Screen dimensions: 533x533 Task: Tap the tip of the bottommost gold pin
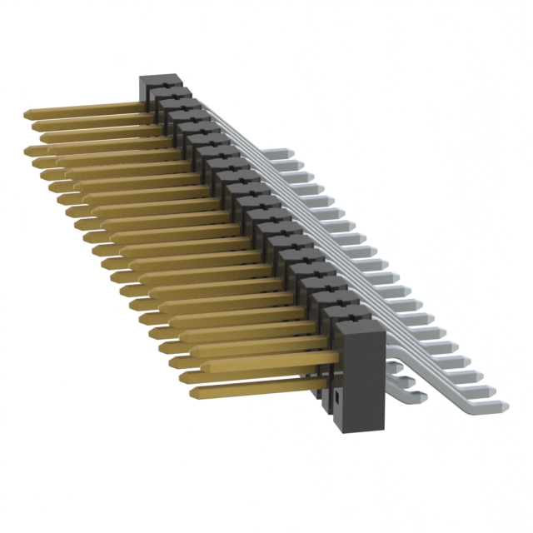pos(194,391)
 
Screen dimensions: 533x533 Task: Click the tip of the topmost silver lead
pos(291,153)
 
